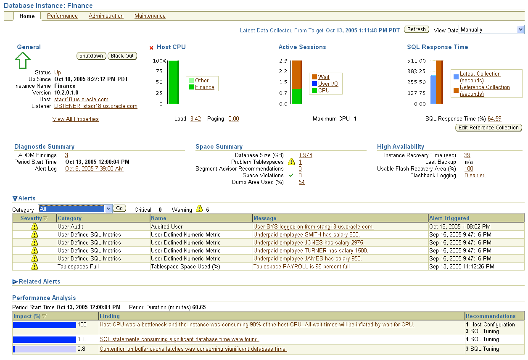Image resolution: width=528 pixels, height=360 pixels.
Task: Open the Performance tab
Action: pos(62,16)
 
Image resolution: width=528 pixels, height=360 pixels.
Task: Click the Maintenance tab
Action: pos(150,16)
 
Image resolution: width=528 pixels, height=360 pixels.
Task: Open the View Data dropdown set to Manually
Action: pos(491,29)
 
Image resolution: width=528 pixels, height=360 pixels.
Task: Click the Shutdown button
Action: pos(91,56)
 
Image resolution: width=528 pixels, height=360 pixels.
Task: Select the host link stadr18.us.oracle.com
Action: pos(81,100)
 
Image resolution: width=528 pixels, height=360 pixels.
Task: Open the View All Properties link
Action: pos(76,119)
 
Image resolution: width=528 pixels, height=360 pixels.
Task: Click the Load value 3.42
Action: pos(195,119)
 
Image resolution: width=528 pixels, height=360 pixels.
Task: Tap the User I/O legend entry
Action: pos(328,84)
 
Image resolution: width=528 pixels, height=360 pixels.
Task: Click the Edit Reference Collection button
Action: pos(488,128)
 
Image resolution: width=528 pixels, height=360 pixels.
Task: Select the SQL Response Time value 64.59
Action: pos(494,119)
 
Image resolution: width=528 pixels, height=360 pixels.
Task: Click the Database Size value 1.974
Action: pos(305,155)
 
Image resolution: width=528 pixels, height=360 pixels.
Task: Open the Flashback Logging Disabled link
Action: pos(475,176)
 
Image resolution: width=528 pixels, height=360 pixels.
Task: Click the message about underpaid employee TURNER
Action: pos(311,251)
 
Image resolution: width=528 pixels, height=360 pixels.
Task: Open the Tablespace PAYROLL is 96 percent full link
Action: pos(301,267)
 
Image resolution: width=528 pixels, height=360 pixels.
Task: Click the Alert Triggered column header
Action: pos(449,218)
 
